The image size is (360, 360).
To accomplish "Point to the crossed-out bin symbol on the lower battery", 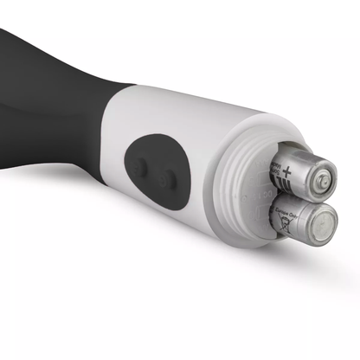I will [x=282, y=228].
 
